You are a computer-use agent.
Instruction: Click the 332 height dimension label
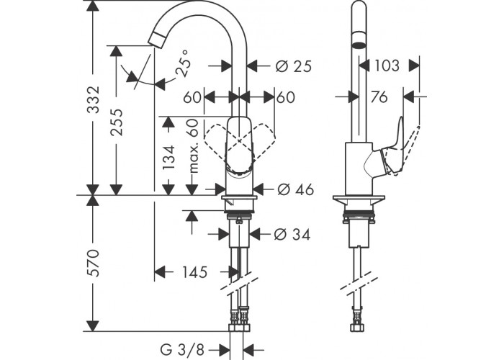point(94,99)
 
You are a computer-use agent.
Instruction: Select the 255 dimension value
point(117,122)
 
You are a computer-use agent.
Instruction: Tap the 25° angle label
point(183,63)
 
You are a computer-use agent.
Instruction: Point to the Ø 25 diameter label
point(294,66)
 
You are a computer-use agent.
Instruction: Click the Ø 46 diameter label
point(295,189)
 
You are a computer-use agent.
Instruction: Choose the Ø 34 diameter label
point(292,234)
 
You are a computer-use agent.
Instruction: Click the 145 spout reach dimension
point(195,272)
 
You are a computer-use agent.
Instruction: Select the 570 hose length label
point(94,262)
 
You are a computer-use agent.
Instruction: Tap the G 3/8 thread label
point(182,349)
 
